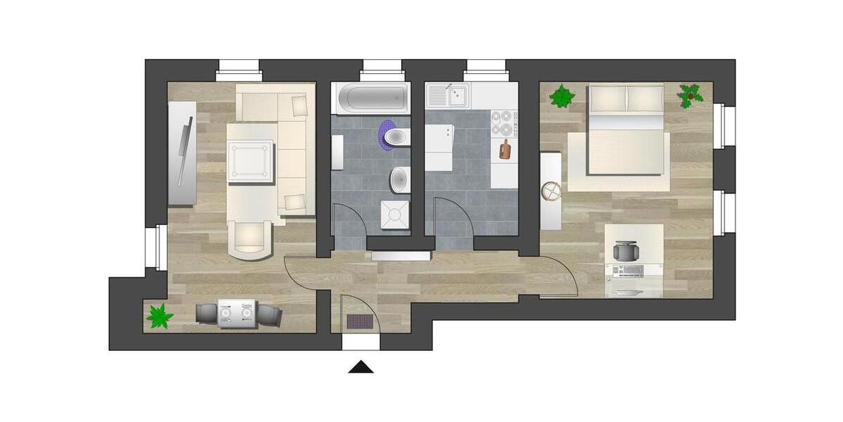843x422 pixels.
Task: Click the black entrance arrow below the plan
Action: coord(361,367)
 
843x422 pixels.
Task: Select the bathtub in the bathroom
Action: coord(370,98)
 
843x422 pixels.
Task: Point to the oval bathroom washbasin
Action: coord(400,179)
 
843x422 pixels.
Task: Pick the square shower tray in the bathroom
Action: coord(394,215)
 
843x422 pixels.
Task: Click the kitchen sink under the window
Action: coord(450,94)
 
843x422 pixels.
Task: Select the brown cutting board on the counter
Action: coord(504,149)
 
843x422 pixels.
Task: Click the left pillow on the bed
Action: coord(607,98)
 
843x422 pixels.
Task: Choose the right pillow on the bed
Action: coord(645,98)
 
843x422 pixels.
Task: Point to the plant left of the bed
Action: coord(562,96)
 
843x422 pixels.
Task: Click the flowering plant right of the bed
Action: coord(691,94)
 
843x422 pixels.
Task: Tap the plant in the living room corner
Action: coord(159,316)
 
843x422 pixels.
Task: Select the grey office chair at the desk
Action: coord(626,251)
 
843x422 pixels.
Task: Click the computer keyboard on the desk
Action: coord(627,271)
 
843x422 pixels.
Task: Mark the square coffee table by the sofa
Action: coord(249,160)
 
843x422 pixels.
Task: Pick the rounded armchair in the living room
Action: coord(251,239)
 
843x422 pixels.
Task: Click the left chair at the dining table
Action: coord(207,313)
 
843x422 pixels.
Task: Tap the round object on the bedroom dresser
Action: coord(551,191)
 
